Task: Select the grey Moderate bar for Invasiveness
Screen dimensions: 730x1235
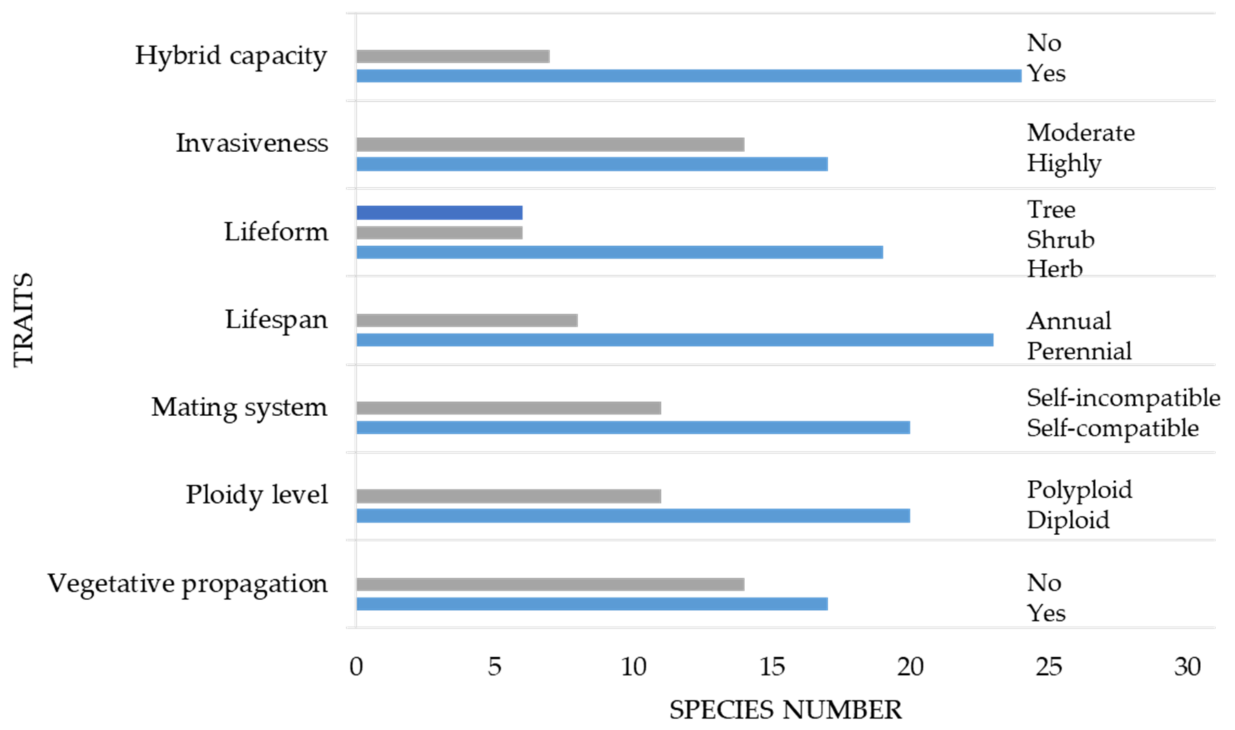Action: coord(550,144)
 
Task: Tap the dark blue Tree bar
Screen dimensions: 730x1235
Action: coord(439,213)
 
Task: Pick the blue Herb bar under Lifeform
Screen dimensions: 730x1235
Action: coord(619,252)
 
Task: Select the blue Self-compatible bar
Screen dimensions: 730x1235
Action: coord(633,428)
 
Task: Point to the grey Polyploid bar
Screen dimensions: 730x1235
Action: coord(508,496)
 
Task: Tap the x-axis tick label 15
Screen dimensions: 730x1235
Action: coord(771,667)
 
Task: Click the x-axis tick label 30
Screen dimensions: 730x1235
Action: coord(1187,667)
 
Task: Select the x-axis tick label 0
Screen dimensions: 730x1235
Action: coord(356,667)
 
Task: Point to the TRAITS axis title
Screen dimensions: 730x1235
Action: coord(23,320)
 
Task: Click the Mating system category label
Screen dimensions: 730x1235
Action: coord(239,407)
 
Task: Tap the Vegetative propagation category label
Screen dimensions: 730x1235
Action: coord(187,584)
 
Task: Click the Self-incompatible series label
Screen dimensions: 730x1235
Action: coord(1123,398)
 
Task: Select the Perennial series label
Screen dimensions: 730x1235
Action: coord(1079,351)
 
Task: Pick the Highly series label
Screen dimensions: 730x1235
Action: coord(1063,163)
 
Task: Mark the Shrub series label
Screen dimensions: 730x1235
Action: coord(1060,240)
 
